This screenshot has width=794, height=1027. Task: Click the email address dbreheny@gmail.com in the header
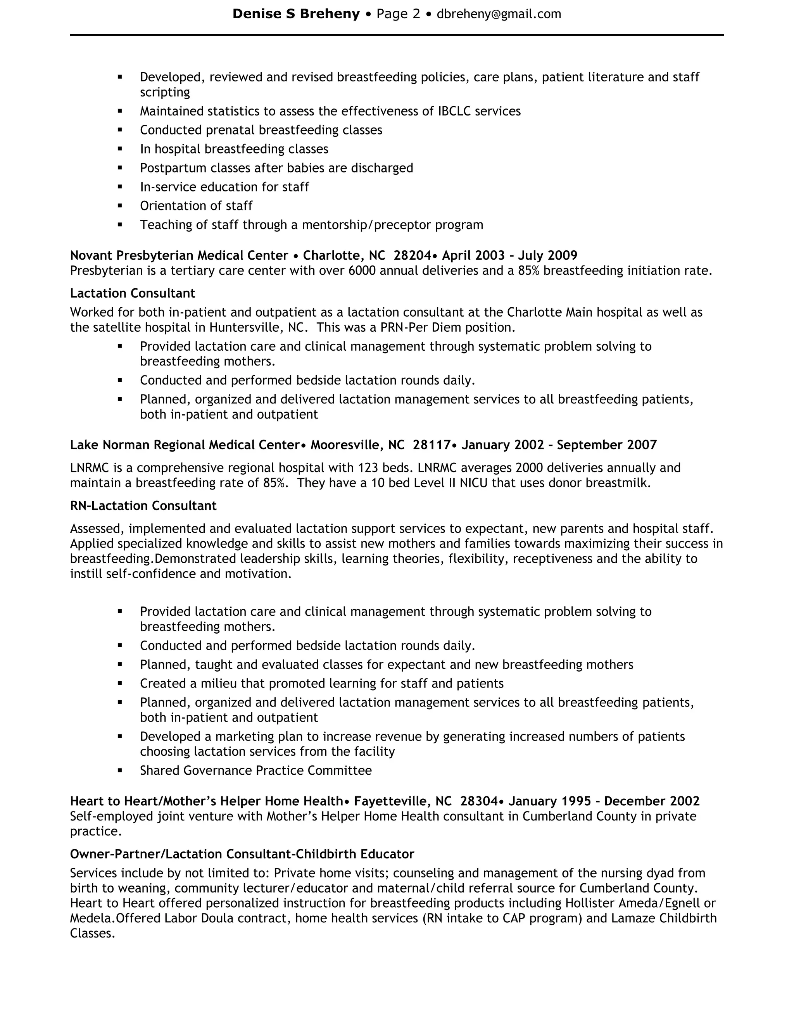pos(499,14)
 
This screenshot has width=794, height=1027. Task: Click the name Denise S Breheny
pos(296,14)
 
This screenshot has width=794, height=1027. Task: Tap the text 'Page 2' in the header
pos(398,14)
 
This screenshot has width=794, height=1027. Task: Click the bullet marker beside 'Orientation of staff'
pos(120,205)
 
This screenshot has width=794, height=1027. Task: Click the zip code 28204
pos(412,255)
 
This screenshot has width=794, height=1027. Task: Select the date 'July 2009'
pos(547,255)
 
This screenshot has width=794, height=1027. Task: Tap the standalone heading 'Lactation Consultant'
pos(132,293)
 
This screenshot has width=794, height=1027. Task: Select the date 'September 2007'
pos(606,445)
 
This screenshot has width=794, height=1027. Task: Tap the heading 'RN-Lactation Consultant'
pos(143,506)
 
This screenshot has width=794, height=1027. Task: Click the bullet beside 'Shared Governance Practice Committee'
pos(120,770)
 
